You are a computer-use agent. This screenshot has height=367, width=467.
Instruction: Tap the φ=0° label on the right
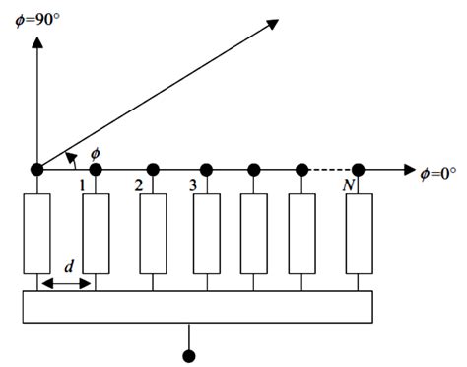point(437,172)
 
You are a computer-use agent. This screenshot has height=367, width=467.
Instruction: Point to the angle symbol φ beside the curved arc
point(96,152)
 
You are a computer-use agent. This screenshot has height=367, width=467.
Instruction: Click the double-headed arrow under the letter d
point(66,283)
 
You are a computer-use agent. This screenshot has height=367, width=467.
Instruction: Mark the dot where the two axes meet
point(36,169)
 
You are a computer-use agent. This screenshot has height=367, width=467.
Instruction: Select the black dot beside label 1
point(96,169)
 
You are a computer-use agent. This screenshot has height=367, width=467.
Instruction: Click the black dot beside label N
point(359,169)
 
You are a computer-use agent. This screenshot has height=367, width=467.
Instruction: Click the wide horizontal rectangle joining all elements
point(198,306)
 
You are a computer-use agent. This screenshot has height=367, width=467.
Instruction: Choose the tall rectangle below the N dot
point(359,234)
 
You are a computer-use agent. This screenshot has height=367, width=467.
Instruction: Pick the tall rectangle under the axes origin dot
point(36,234)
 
